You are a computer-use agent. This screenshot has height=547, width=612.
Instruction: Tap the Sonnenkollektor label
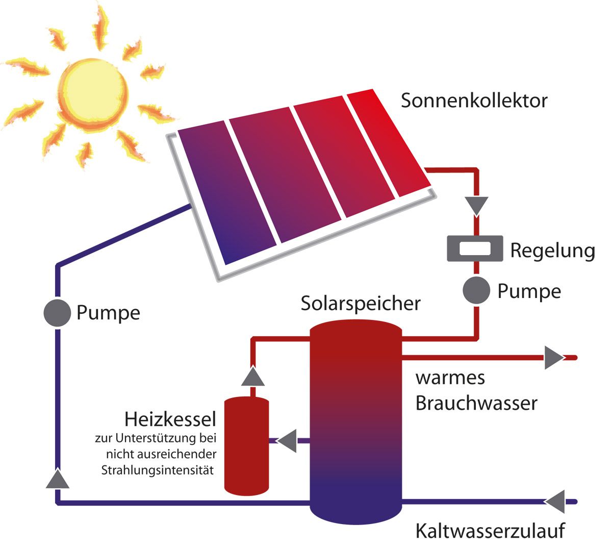[474, 101]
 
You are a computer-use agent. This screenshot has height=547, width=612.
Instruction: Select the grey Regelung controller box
[475, 248]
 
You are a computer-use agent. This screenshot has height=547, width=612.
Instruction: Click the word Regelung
[552, 251]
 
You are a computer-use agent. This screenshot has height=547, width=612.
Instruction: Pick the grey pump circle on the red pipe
[476, 291]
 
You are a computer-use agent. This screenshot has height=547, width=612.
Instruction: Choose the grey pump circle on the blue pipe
[57, 312]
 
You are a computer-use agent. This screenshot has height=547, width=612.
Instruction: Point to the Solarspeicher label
[361, 303]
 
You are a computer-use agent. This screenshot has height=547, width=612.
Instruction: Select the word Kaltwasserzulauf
[490, 531]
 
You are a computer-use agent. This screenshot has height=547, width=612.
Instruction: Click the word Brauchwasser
[476, 403]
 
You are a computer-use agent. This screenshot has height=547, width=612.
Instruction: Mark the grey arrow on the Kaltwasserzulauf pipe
[555, 502]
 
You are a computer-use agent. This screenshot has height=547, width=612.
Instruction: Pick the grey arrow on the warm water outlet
[554, 358]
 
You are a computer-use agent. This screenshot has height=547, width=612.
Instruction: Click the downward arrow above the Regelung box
[476, 205]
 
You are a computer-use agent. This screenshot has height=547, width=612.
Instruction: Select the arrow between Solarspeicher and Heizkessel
[287, 440]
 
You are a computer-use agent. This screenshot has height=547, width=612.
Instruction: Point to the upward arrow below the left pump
[58, 478]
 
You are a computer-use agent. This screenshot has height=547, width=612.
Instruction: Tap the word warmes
[450, 378]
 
